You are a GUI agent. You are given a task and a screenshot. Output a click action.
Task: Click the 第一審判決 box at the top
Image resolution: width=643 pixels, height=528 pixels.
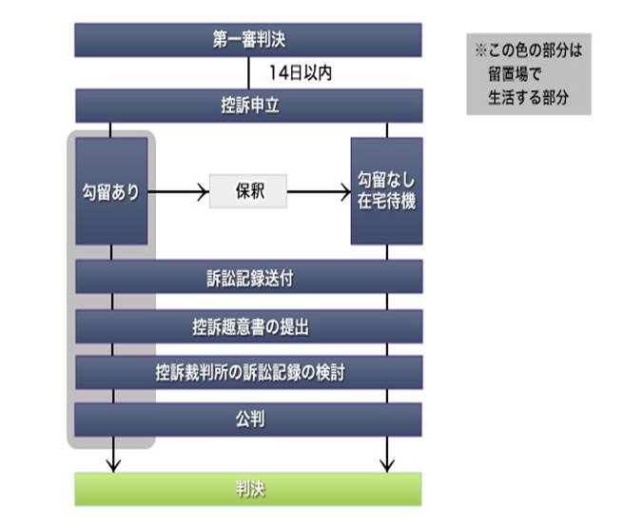pyautogui.click(x=248, y=39)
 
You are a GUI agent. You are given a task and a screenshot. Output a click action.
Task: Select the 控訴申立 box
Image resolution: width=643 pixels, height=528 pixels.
pyautogui.click(x=248, y=105)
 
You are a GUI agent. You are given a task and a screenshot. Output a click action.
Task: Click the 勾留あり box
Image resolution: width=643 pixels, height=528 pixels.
pyautogui.click(x=111, y=191)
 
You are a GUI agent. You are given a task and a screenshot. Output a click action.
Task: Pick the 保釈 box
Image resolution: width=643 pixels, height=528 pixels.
pyautogui.click(x=248, y=191)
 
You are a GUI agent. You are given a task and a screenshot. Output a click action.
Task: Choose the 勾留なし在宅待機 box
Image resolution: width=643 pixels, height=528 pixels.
pyautogui.click(x=386, y=191)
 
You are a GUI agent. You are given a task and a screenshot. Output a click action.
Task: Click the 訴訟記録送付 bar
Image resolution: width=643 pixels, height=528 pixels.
pyautogui.click(x=248, y=277)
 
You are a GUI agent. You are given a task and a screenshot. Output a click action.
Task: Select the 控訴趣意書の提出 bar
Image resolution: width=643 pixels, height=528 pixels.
pyautogui.click(x=248, y=326)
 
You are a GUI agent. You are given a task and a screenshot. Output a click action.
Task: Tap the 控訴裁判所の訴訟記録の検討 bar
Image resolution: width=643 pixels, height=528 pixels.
pyautogui.click(x=248, y=372)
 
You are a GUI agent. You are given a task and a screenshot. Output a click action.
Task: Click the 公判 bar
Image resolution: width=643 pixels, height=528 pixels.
pyautogui.click(x=248, y=418)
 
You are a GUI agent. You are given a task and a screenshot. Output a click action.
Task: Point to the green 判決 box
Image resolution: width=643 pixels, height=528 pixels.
pyautogui.click(x=248, y=489)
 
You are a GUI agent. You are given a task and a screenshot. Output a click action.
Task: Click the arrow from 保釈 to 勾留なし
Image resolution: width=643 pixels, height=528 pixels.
pyautogui.click(x=319, y=192)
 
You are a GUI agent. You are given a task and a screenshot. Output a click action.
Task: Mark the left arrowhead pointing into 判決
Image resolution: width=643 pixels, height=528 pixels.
pyautogui.click(x=112, y=464)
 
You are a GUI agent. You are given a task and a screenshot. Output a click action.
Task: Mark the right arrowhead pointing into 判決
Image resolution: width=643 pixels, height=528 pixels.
pyautogui.click(x=386, y=464)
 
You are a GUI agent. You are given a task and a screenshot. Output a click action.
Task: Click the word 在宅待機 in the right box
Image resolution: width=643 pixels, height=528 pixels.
pyautogui.click(x=386, y=203)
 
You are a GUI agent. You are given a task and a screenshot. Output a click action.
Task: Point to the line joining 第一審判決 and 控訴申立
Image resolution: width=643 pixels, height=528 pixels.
pyautogui.click(x=248, y=72)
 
